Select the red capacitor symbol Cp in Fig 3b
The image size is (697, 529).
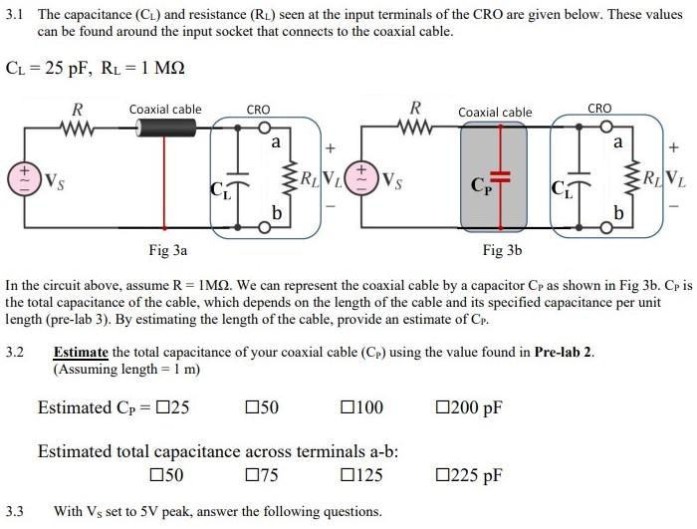[502, 178]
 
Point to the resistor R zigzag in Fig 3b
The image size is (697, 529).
[416, 128]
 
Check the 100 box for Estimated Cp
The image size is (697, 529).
[348, 407]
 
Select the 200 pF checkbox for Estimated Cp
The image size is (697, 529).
[443, 407]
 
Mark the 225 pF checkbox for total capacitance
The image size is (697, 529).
[443, 475]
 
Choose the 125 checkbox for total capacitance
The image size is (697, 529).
[348, 475]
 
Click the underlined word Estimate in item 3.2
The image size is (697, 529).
[81, 352]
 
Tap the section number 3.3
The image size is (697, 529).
[15, 512]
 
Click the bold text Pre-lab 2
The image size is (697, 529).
[563, 352]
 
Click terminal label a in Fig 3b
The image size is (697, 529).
[618, 143]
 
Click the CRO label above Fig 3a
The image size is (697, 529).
[258, 109]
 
